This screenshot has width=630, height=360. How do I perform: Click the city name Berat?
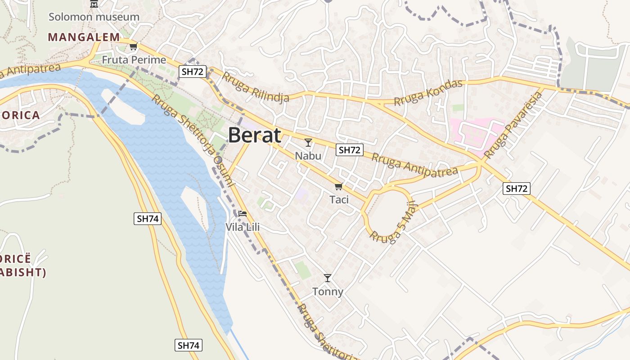coord(255,135)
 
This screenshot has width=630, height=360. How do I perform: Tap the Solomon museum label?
coord(94,17)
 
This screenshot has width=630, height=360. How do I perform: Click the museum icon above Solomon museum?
coord(94,4)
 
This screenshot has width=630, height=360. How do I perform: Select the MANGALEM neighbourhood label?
coord(84,37)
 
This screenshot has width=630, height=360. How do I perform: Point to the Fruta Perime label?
coord(134,59)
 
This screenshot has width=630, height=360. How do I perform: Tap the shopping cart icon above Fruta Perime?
coord(133,46)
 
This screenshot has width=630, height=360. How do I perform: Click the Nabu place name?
coord(308,156)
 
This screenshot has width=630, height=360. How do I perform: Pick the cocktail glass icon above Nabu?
coord(308,143)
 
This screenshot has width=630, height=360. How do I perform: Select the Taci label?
coord(339,199)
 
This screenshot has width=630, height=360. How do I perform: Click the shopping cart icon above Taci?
coord(338,186)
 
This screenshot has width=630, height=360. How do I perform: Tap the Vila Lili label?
coord(243,227)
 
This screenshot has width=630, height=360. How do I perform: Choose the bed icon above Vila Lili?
coord(243,213)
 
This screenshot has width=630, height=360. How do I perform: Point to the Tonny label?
coord(328,292)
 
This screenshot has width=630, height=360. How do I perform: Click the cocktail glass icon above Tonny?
coord(328,278)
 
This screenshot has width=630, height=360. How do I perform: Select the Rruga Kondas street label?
coord(428,93)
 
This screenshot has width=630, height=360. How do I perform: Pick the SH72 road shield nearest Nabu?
coord(349,150)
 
